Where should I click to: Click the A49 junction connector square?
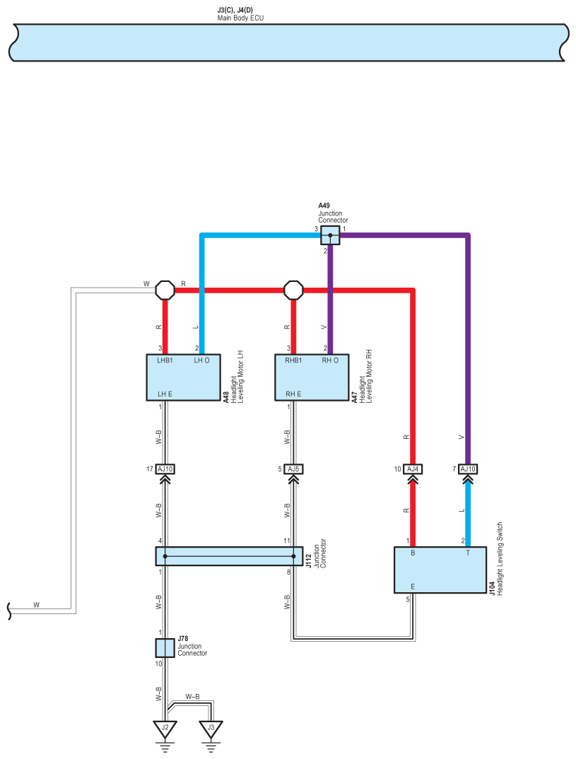(x=330, y=235)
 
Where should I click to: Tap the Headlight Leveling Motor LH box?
(x=184, y=377)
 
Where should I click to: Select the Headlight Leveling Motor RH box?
(x=312, y=377)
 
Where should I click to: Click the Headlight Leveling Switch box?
(x=440, y=570)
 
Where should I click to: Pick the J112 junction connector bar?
(x=230, y=556)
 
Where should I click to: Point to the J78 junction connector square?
(x=165, y=648)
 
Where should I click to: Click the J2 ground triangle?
(x=165, y=728)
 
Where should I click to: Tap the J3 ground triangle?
(x=211, y=728)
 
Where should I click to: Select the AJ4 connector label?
(x=413, y=469)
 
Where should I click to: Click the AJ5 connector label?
(x=293, y=469)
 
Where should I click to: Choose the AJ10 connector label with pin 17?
(x=165, y=469)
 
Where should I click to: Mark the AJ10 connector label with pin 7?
(x=468, y=469)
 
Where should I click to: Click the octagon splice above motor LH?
(x=165, y=290)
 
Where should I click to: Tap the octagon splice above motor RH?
(x=293, y=290)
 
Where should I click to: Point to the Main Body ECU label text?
(x=240, y=18)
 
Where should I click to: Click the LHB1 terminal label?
(x=165, y=360)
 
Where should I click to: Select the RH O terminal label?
(x=330, y=360)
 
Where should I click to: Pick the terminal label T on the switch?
(x=468, y=553)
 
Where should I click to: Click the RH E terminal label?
(x=293, y=394)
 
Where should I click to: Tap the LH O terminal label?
(x=202, y=360)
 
